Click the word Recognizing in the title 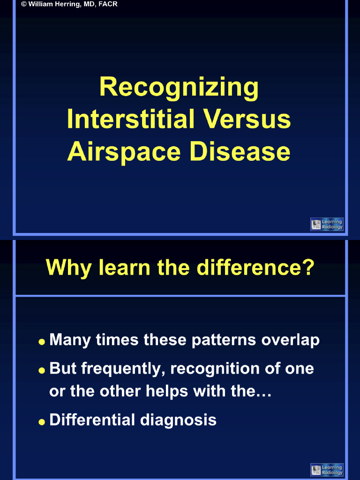pyautogui.click(x=179, y=88)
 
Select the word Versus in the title pyautogui.click(x=247, y=120)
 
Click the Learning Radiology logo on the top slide pyautogui.click(x=327, y=224)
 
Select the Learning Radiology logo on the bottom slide pyautogui.click(x=327, y=470)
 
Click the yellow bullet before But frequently pyautogui.click(x=42, y=370)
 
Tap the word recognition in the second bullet pyautogui.click(x=215, y=369)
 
